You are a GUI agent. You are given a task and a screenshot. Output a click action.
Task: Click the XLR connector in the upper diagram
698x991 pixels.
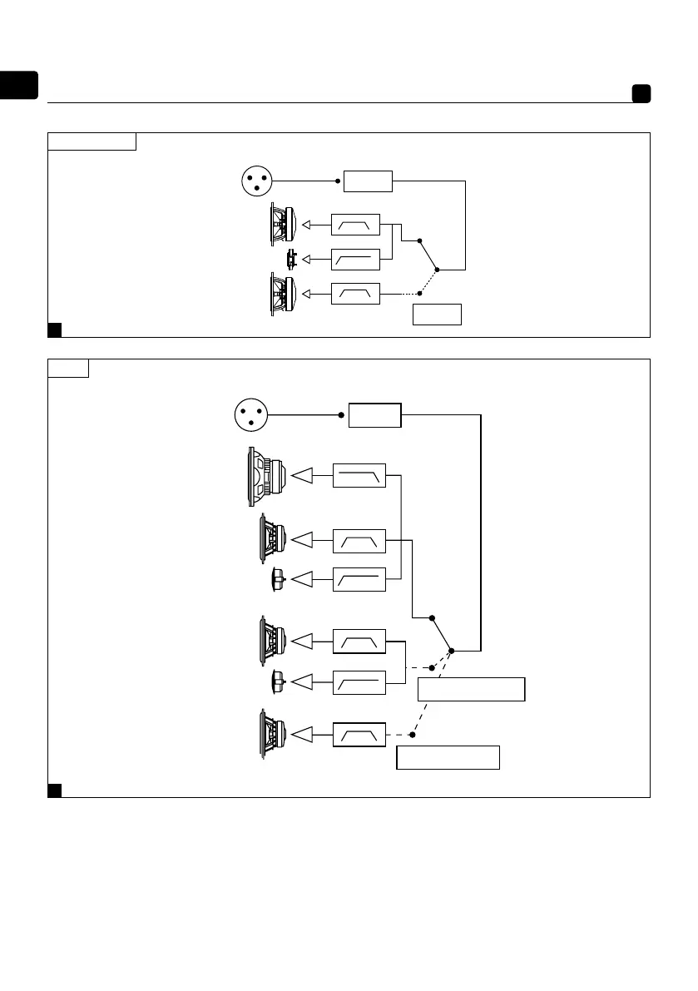click(x=256, y=181)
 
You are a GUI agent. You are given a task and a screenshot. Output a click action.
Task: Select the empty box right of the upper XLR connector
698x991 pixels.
click(x=368, y=181)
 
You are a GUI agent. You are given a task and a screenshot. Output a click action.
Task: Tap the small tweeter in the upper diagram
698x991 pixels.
click(x=291, y=259)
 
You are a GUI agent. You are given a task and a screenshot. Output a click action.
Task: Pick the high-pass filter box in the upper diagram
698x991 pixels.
click(x=355, y=260)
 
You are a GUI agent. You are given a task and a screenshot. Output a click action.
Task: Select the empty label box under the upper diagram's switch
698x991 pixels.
click(x=437, y=315)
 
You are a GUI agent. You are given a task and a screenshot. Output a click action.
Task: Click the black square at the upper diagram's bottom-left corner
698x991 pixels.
click(x=55, y=330)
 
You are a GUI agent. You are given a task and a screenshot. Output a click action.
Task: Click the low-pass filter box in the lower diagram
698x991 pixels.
click(x=359, y=475)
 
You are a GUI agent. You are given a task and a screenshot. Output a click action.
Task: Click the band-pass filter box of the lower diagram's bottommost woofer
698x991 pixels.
click(x=359, y=735)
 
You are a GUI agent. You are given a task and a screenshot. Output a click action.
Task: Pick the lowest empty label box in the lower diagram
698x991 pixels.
click(x=448, y=758)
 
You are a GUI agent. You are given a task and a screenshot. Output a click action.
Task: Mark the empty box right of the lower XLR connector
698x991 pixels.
click(x=374, y=414)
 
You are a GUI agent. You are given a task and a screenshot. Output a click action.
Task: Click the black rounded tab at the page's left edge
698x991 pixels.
click(x=19, y=86)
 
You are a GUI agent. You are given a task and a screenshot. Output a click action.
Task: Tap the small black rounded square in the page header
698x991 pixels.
click(x=641, y=93)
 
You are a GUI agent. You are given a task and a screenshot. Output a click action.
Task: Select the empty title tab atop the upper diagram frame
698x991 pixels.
click(x=92, y=141)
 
